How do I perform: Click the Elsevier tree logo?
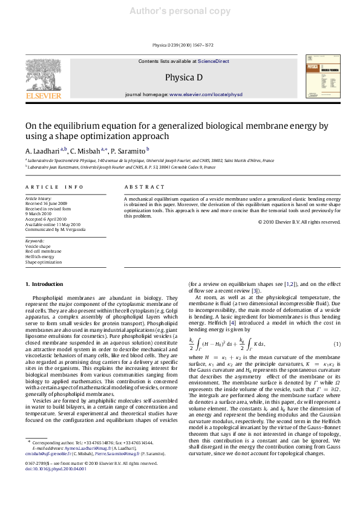[43, 75]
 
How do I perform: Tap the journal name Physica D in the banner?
[184, 77]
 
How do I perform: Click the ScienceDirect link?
[214, 61]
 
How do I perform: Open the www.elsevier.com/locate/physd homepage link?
[206, 95]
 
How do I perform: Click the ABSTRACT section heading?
[144, 187]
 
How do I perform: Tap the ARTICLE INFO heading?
[54, 187]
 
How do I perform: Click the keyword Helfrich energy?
[39, 257]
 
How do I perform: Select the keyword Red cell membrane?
[43, 251]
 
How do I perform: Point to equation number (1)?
[337, 344]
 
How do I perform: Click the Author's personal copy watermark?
[180, 11]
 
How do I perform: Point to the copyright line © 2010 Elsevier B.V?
[299, 222]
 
